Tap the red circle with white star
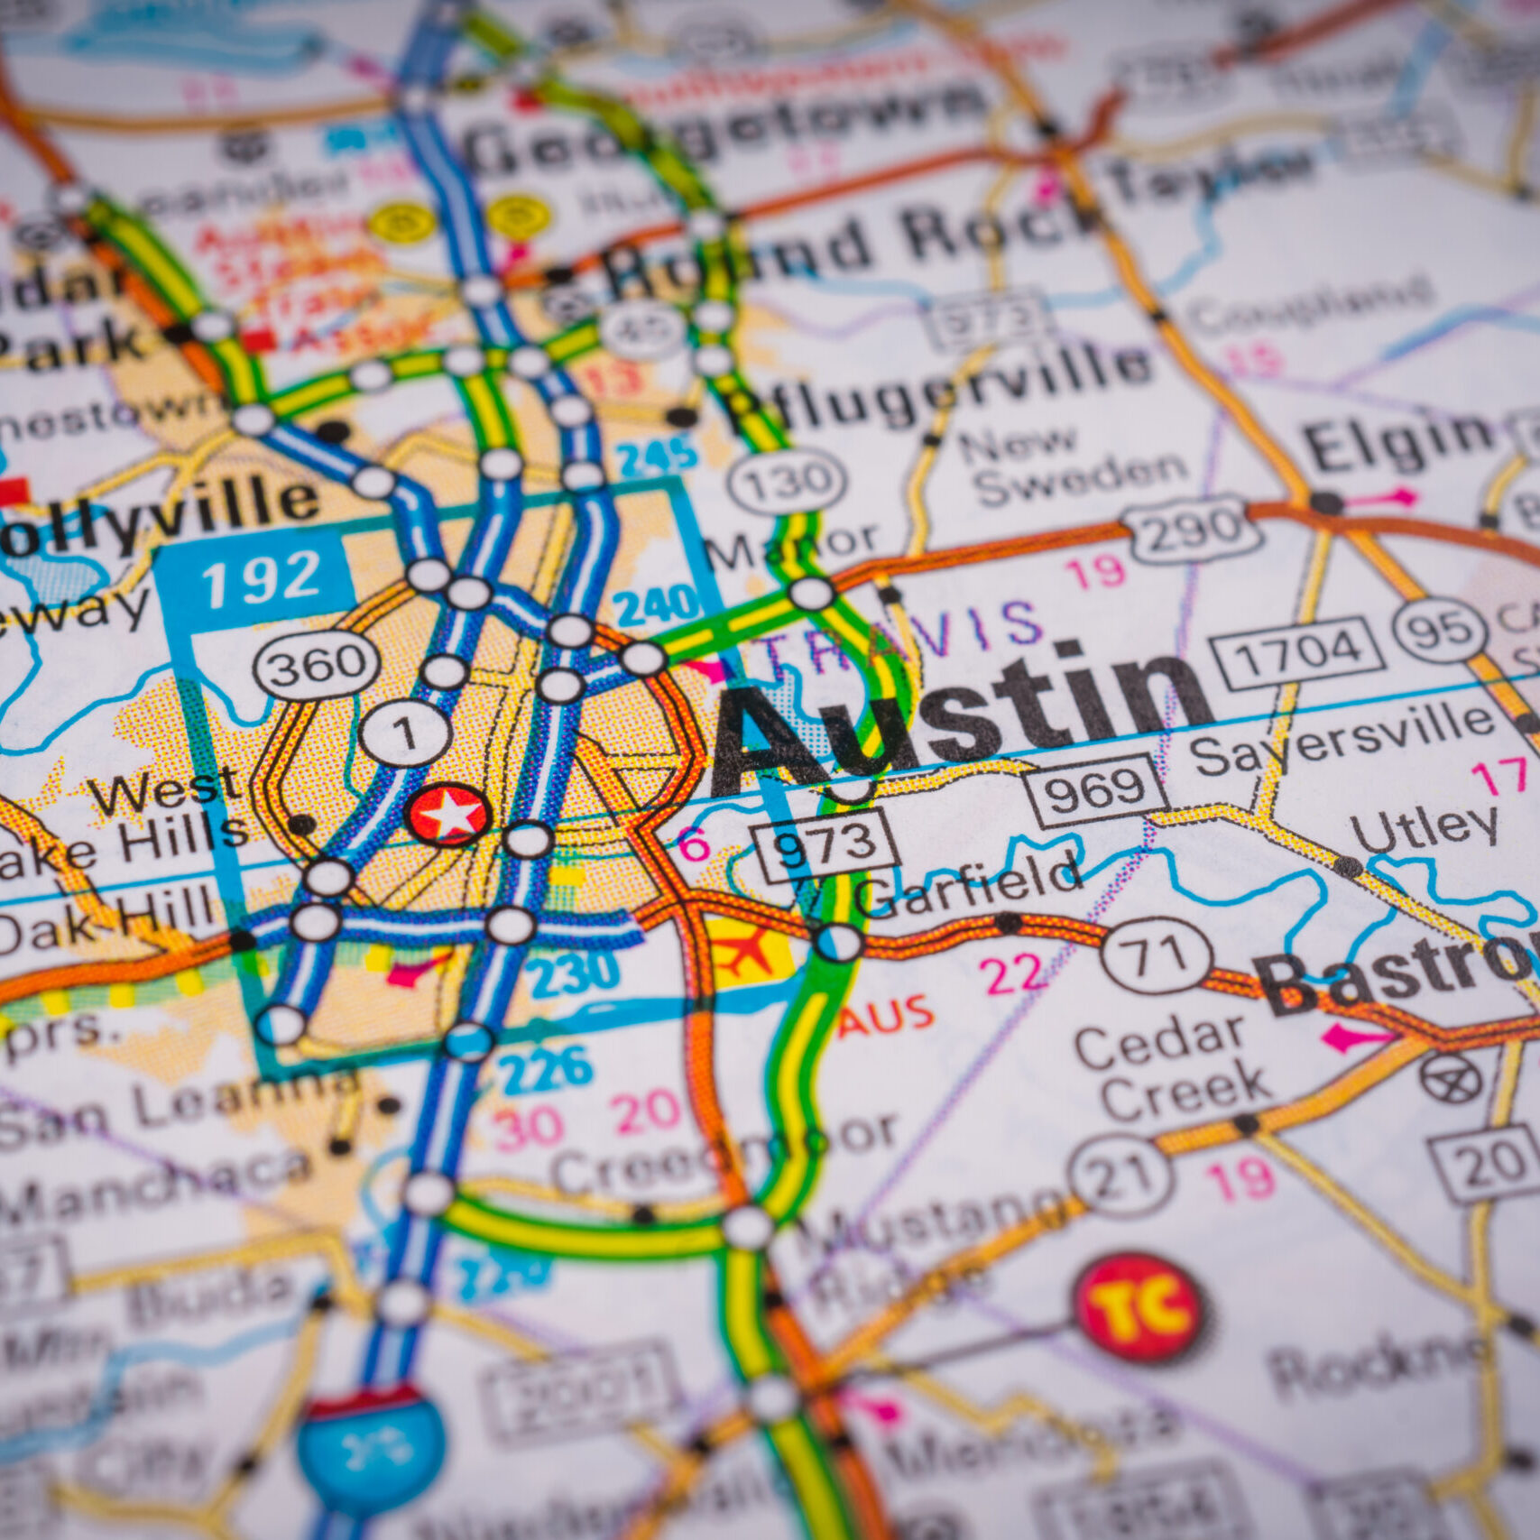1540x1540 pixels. pyautogui.click(x=448, y=815)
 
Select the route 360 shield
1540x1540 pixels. pyautogui.click(x=317, y=665)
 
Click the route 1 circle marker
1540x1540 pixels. pyautogui.click(x=406, y=733)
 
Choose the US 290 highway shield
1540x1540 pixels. pyautogui.click(x=1191, y=530)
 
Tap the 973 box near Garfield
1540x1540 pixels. pyautogui.click(x=826, y=845)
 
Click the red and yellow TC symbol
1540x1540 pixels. pyautogui.click(x=1139, y=1307)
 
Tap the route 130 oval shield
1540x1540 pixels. pyautogui.click(x=788, y=481)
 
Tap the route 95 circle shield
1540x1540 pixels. pyautogui.click(x=1440, y=630)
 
